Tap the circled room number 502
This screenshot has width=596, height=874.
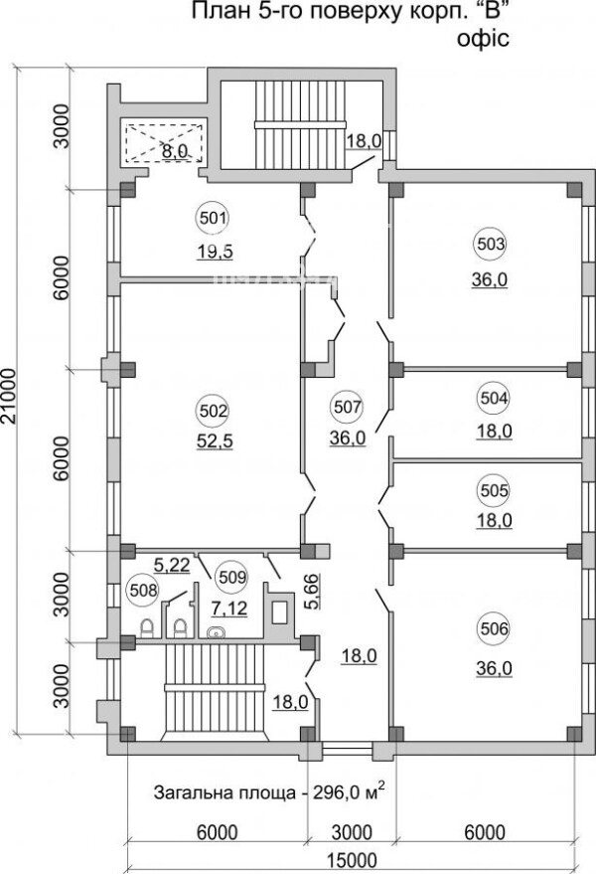(214, 411)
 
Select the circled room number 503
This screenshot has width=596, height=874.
(490, 244)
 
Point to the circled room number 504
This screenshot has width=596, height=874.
(494, 398)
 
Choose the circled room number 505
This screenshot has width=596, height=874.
(494, 490)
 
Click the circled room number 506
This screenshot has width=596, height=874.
(494, 628)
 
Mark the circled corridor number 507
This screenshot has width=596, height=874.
(349, 407)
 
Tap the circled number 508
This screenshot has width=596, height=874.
(143, 590)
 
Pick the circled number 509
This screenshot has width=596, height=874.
(231, 577)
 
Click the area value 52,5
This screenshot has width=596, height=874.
(215, 441)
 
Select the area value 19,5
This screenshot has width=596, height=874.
(215, 252)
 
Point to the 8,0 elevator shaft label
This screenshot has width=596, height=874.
(175, 150)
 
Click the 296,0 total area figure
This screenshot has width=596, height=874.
(338, 792)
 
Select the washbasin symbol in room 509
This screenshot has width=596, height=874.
(215, 632)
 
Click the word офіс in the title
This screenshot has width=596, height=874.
(483, 39)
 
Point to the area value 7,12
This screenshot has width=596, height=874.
(228, 609)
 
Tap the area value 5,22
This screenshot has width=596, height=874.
(172, 565)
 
